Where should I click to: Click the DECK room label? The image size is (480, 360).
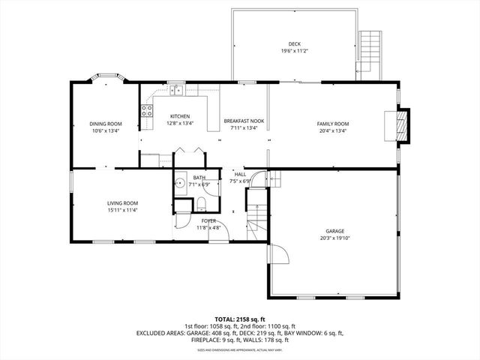(x=293, y=44)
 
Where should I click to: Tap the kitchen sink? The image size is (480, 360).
(x=176, y=91)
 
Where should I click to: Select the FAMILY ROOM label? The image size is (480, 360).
(x=332, y=124)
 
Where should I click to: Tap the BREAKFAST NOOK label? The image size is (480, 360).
(x=244, y=121)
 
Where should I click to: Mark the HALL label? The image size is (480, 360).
(x=239, y=173)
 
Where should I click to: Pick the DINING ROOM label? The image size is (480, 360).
(x=106, y=124)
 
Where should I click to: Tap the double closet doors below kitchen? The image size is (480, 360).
(x=188, y=152)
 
